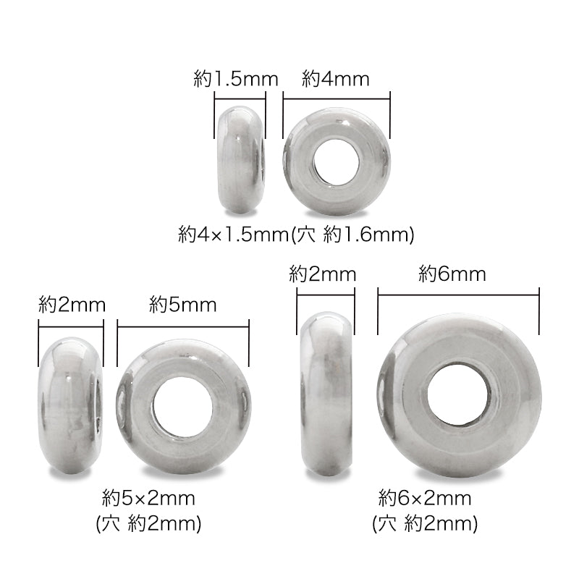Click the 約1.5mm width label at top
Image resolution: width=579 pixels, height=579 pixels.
pyautogui.click(x=236, y=79)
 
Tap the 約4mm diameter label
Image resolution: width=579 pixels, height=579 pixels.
pyautogui.click(x=335, y=79)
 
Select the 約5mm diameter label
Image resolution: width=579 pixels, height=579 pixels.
pyautogui.click(x=183, y=305)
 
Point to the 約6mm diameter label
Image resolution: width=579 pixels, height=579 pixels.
pyautogui.click(x=452, y=274)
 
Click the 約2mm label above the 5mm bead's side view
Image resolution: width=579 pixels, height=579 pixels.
pyautogui.click(x=72, y=305)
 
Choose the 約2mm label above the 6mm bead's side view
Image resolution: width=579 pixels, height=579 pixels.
pyautogui.click(x=322, y=274)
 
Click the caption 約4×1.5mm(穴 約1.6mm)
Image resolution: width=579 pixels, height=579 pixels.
pyautogui.click(x=296, y=234)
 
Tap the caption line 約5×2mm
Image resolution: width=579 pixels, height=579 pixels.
pyautogui.click(x=148, y=499)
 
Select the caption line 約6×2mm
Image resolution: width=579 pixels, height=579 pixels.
pyautogui.click(x=425, y=499)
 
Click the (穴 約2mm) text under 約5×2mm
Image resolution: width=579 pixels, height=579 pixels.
pyautogui.click(x=148, y=523)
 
